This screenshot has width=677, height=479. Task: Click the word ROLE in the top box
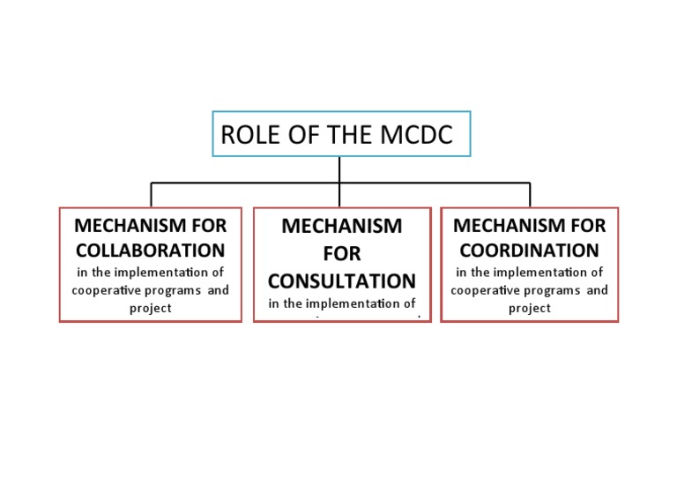pyautogui.click(x=245, y=135)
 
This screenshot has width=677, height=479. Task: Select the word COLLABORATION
pyautogui.click(x=150, y=250)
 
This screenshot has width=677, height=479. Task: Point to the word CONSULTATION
pyautogui.click(x=342, y=281)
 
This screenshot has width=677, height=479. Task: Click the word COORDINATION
pyautogui.click(x=529, y=250)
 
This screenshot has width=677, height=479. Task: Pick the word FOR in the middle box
pyautogui.click(x=342, y=254)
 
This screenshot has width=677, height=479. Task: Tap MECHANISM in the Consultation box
pyautogui.click(x=342, y=226)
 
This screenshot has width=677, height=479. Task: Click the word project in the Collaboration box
pyautogui.click(x=150, y=308)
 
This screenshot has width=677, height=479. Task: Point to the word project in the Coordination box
pyautogui.click(x=529, y=308)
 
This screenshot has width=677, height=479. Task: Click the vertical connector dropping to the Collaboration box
pyautogui.click(x=151, y=195)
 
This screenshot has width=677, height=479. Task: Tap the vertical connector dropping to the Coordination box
pyautogui.click(x=530, y=195)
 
